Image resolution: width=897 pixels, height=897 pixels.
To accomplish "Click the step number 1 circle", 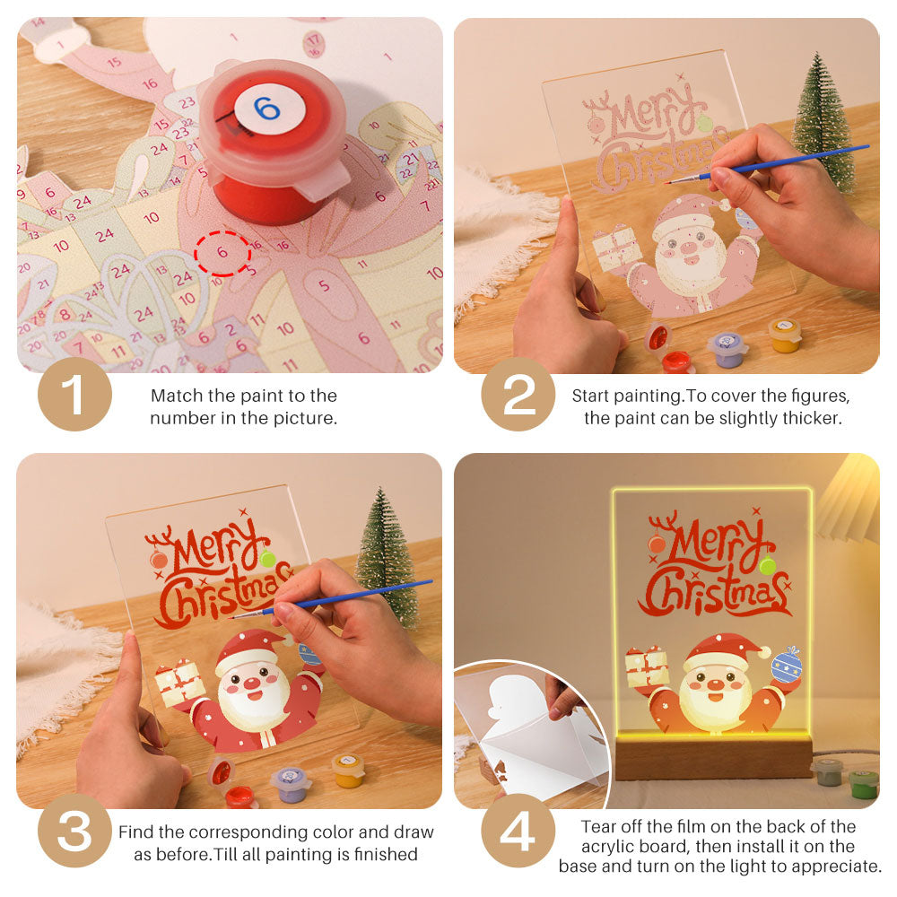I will click(74, 395).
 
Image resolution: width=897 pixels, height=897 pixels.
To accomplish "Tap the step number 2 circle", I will click(518, 395).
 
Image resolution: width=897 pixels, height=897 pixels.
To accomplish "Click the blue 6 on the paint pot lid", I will click(266, 109).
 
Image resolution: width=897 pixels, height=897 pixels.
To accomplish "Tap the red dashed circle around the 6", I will click(222, 254).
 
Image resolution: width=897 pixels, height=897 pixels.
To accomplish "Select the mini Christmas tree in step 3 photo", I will click(387, 556).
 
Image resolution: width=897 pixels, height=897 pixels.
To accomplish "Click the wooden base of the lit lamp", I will click(713, 757).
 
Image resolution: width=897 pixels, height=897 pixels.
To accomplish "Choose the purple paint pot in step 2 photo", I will click(727, 348).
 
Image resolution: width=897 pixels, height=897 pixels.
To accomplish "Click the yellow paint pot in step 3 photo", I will click(347, 770).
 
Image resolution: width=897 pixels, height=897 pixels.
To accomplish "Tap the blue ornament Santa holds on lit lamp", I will click(786, 666).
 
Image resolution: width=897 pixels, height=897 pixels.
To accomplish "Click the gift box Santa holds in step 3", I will click(180, 683).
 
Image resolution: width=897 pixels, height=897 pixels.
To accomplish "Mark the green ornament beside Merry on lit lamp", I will click(767, 565).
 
